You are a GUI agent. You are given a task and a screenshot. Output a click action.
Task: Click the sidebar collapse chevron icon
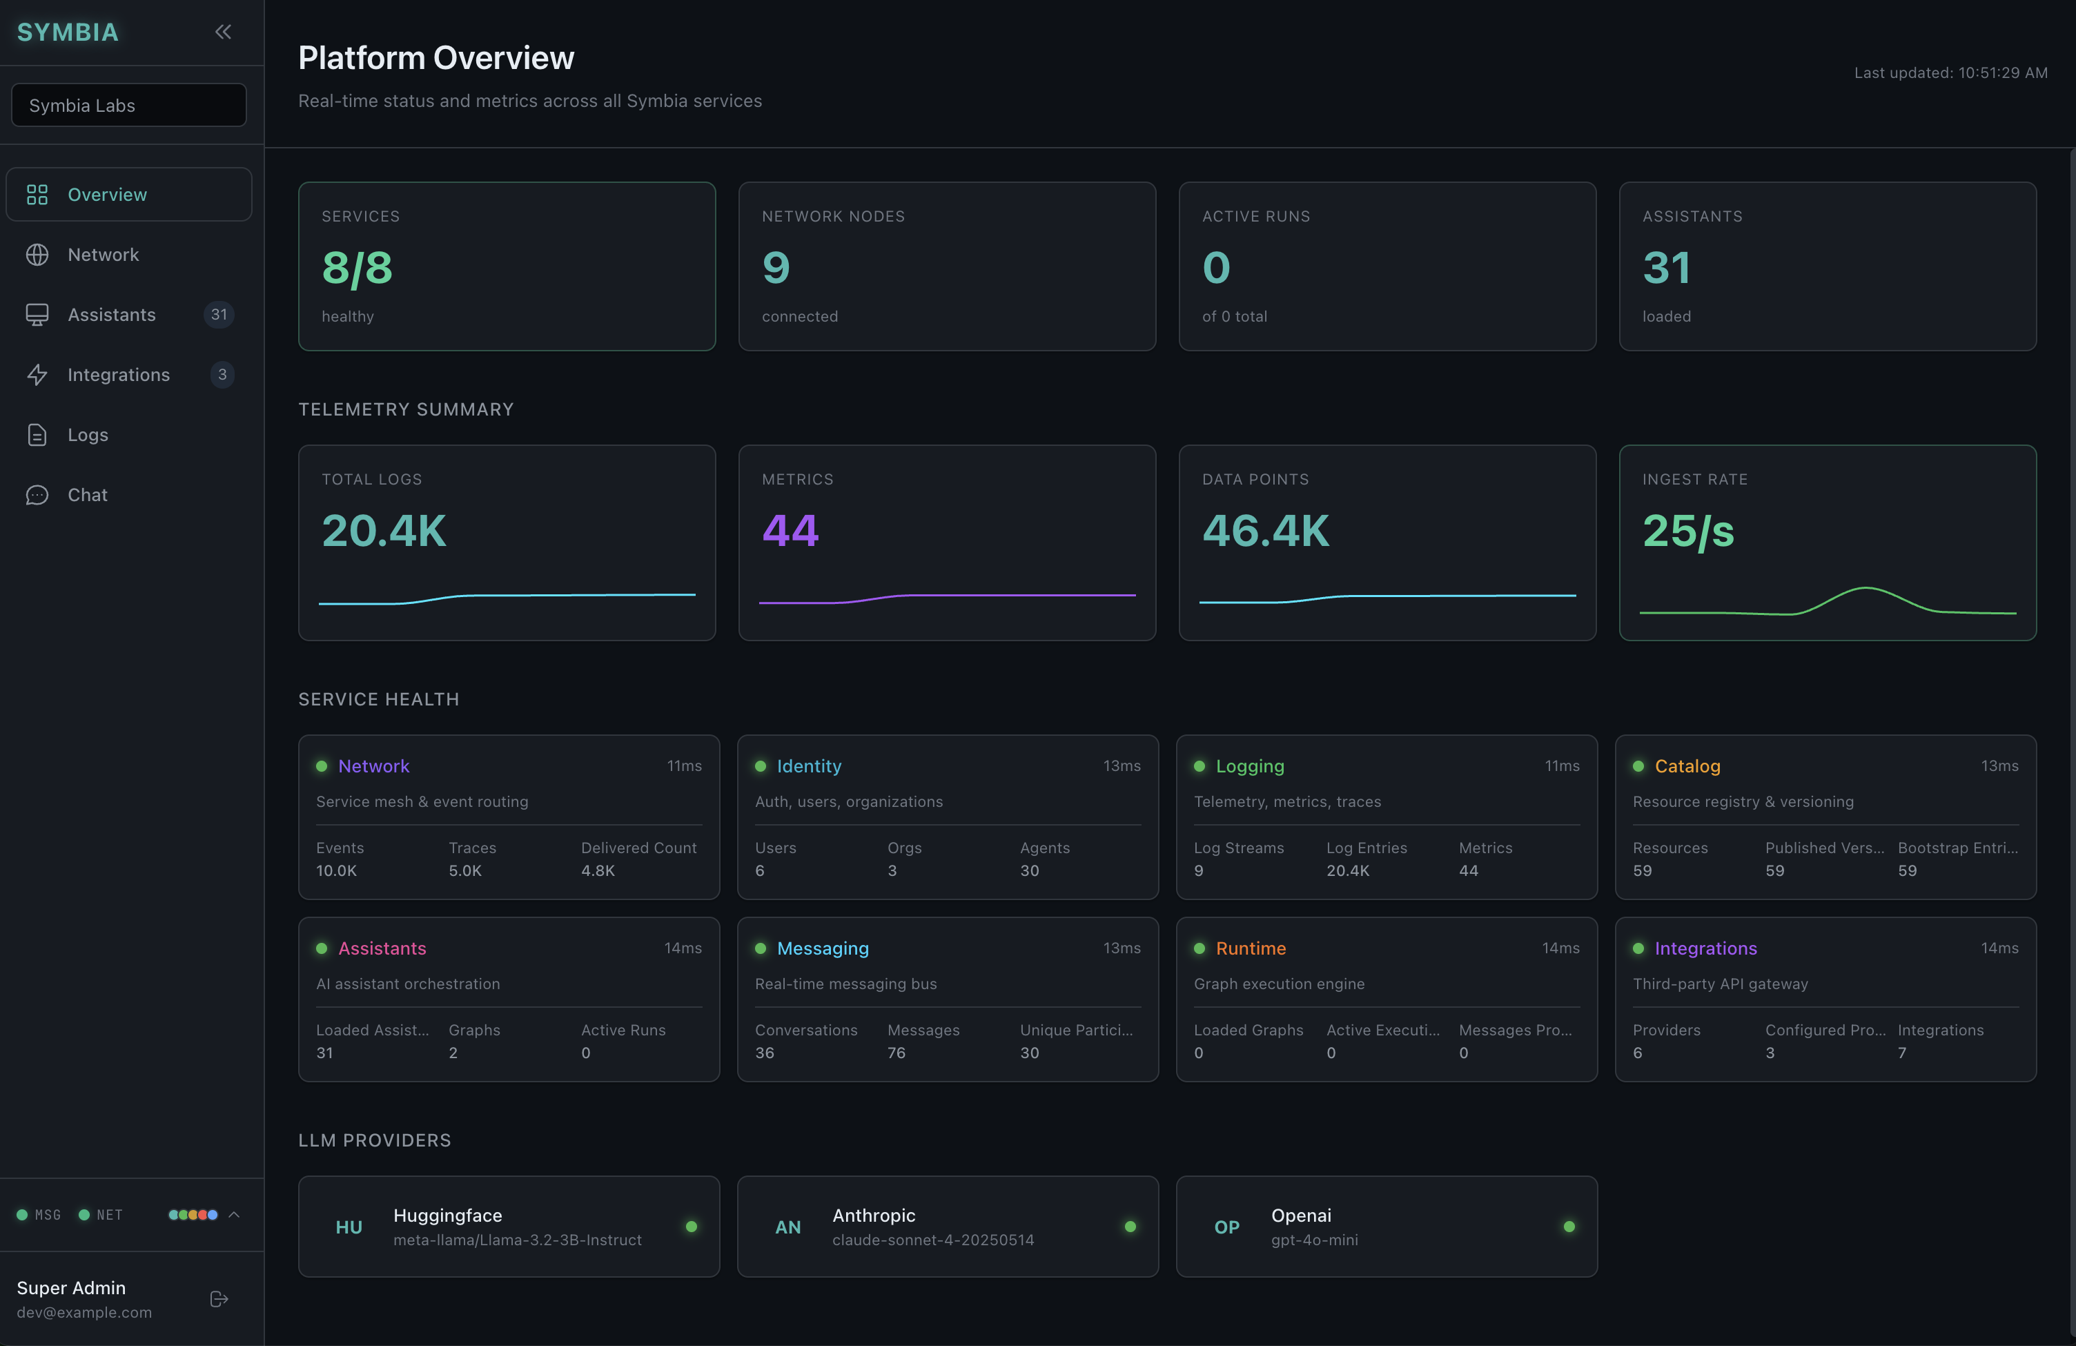(224, 32)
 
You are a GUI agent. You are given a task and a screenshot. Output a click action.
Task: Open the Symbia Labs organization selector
(128, 106)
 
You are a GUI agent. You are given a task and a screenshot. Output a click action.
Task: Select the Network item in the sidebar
(103, 255)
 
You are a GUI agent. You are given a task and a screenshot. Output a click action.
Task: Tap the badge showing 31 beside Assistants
(219, 315)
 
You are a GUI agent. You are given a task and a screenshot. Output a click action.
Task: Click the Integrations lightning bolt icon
(37, 375)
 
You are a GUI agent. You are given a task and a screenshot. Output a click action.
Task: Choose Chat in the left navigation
(87, 495)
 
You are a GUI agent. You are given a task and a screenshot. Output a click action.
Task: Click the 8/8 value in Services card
(357, 268)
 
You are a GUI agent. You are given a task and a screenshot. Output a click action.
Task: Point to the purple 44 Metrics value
(790, 530)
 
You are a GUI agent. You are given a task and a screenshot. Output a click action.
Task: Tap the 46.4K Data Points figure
(1266, 530)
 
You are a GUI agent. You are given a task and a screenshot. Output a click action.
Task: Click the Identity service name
(809, 766)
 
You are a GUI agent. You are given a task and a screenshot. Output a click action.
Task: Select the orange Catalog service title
(1687, 766)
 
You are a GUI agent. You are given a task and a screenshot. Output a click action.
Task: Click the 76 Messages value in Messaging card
(896, 1053)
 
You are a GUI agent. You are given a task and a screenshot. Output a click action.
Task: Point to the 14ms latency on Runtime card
(1560, 948)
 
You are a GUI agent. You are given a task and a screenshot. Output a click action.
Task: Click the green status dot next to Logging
(1199, 766)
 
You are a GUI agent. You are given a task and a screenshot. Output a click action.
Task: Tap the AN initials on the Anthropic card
(787, 1227)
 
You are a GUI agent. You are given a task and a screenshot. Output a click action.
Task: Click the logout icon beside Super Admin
(219, 1300)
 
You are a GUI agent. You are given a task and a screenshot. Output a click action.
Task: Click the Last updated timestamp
(1950, 73)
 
